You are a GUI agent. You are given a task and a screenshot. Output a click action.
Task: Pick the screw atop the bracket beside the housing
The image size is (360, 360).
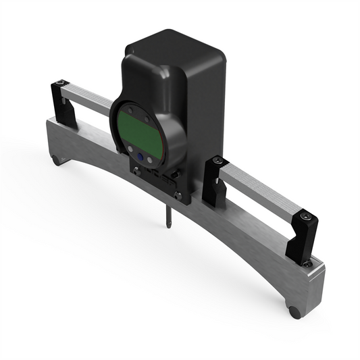click(216, 161)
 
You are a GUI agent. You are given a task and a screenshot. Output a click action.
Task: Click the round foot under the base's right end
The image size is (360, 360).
click(294, 312)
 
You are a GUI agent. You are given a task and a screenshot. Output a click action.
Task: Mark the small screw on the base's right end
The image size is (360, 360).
click(309, 264)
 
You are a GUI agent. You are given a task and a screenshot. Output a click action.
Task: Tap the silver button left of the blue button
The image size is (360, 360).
click(126, 151)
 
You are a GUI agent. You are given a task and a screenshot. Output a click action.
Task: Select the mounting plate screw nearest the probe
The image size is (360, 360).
click(178, 197)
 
